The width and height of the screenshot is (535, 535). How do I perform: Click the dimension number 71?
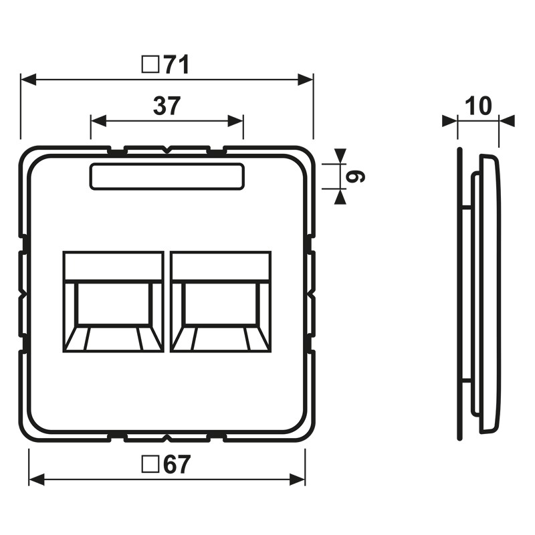[x=176, y=65]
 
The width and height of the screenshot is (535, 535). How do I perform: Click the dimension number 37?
[x=167, y=106]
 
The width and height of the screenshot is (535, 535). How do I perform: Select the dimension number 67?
[x=176, y=464]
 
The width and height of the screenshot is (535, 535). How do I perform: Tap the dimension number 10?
[x=478, y=106]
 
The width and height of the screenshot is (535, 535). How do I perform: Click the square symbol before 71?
[x=150, y=65]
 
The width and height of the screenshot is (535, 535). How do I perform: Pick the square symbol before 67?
[x=150, y=464]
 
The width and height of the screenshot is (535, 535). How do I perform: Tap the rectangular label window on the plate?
[x=167, y=177]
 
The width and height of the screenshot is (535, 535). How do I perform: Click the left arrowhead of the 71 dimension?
[x=28, y=80]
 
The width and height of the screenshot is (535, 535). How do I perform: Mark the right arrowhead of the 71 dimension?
[x=306, y=80]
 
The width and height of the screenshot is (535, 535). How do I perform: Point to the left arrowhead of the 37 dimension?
[x=98, y=121]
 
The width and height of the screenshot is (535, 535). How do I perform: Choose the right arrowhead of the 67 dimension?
[x=298, y=479]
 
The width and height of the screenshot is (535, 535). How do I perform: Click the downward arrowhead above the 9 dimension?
[x=340, y=156]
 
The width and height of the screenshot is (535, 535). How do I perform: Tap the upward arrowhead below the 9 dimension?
[x=340, y=197]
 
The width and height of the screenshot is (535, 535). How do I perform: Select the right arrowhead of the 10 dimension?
[x=507, y=121]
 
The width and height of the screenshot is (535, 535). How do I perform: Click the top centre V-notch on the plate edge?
[x=166, y=150]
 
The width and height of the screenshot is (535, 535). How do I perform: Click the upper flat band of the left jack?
[x=113, y=266]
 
